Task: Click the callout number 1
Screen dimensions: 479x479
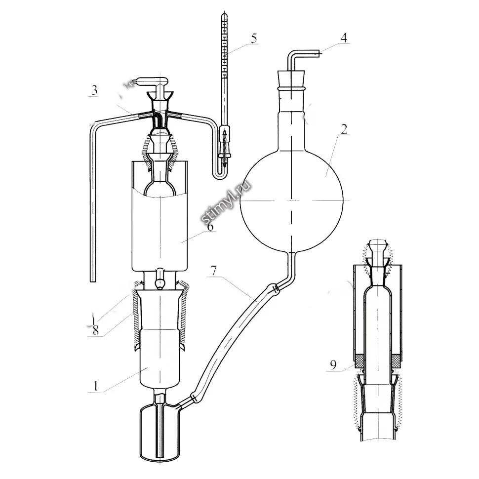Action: coord(96,387)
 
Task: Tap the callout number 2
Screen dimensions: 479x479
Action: coord(344,129)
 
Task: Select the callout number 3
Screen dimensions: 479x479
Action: coord(94,90)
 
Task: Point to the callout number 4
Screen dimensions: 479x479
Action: coord(344,38)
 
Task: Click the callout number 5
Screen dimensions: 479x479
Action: coord(254,39)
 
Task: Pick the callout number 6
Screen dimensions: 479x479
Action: coord(210,227)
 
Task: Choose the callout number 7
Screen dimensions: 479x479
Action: coord(214,271)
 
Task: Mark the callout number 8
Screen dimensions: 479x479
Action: coord(96,330)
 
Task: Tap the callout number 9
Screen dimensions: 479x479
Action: coord(333,364)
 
